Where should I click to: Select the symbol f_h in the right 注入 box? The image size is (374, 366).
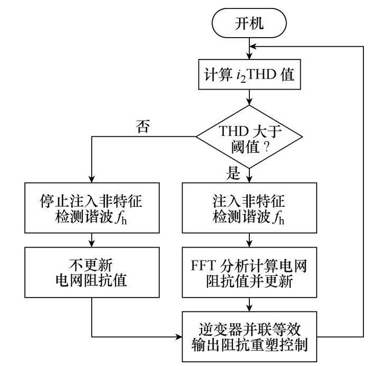(x=284, y=217)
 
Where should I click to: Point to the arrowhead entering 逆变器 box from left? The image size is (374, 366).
(x=178, y=336)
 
